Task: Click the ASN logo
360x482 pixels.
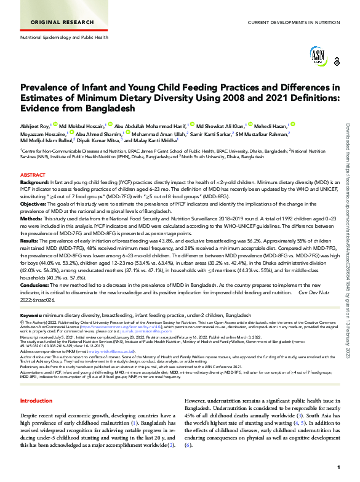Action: click(318, 57)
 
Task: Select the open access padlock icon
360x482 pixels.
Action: click(336, 62)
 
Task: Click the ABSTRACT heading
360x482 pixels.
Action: click(33, 175)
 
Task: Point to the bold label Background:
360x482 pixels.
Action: click(34, 183)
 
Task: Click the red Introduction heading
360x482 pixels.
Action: click(36, 384)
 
